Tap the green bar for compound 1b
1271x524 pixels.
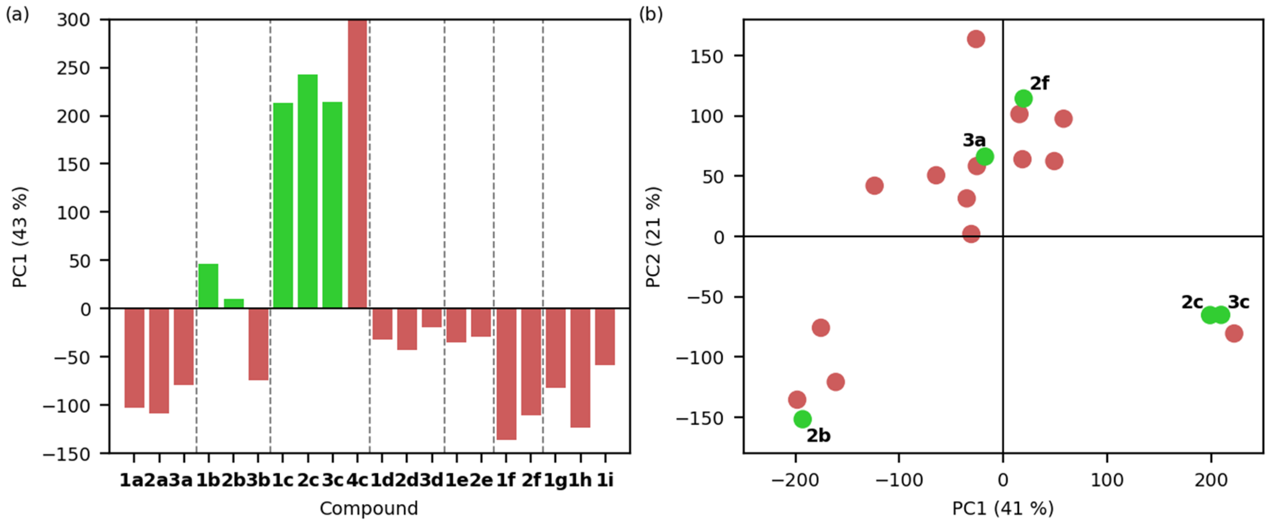pos(208,286)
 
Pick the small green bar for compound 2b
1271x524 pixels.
pos(233,303)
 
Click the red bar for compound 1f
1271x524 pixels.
pos(506,374)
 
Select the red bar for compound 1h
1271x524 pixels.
pos(580,368)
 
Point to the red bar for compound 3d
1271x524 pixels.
pos(432,318)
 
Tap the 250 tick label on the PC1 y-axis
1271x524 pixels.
pos(74,68)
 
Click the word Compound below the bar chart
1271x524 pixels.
pos(369,508)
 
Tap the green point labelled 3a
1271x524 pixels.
pos(984,157)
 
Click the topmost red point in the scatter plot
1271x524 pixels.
pos(975,39)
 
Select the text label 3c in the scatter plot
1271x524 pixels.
pos(1239,302)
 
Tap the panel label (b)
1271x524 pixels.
pos(651,14)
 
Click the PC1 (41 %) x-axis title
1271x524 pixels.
pos(1003,508)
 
